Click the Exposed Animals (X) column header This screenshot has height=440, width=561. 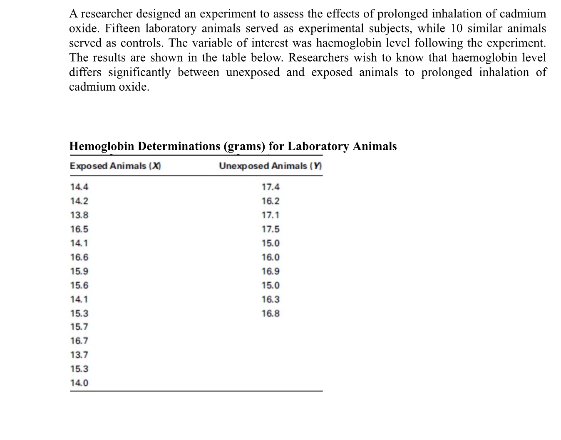click(115, 166)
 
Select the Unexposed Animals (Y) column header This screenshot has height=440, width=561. click(271, 166)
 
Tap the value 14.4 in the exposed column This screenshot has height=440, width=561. click(79, 187)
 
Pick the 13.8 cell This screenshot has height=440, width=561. click(79, 215)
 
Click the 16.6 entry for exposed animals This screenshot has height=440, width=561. click(79, 257)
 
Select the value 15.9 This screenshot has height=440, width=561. click(79, 272)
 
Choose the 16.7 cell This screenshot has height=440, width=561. click(79, 341)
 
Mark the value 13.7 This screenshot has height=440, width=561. click(79, 355)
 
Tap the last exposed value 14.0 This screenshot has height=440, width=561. click(79, 383)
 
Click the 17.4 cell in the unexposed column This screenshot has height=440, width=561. click(271, 187)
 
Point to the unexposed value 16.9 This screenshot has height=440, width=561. click(271, 272)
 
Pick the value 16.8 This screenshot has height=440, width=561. click(271, 314)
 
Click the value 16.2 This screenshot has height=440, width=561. click(271, 201)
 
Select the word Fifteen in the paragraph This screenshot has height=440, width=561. click(125, 29)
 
